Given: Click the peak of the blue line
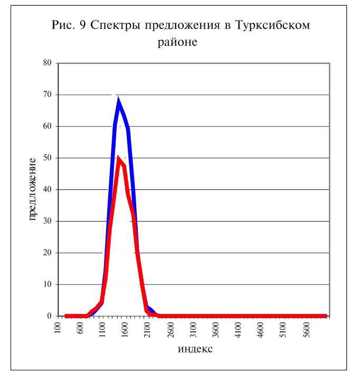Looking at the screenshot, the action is click(118, 99).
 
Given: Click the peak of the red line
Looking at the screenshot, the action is click(118, 158).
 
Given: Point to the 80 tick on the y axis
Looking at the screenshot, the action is click(47, 63).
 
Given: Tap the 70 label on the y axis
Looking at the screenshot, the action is click(47, 94).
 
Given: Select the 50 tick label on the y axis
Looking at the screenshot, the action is click(47, 158).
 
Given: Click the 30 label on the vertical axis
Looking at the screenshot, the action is click(47, 221).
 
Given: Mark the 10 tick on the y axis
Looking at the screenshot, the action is click(47, 284).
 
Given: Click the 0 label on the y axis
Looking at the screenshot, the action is click(49, 316).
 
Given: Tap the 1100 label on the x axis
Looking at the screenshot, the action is click(102, 330).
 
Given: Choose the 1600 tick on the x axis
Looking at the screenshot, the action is click(125, 330).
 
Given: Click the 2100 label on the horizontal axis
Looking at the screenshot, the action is click(147, 330).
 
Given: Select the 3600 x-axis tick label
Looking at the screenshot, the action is click(215, 330).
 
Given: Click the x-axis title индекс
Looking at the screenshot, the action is click(195, 349).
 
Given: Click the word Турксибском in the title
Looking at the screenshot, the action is click(273, 25).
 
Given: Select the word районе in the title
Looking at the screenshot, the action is click(177, 42).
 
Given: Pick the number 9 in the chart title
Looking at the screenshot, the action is click(82, 25).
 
